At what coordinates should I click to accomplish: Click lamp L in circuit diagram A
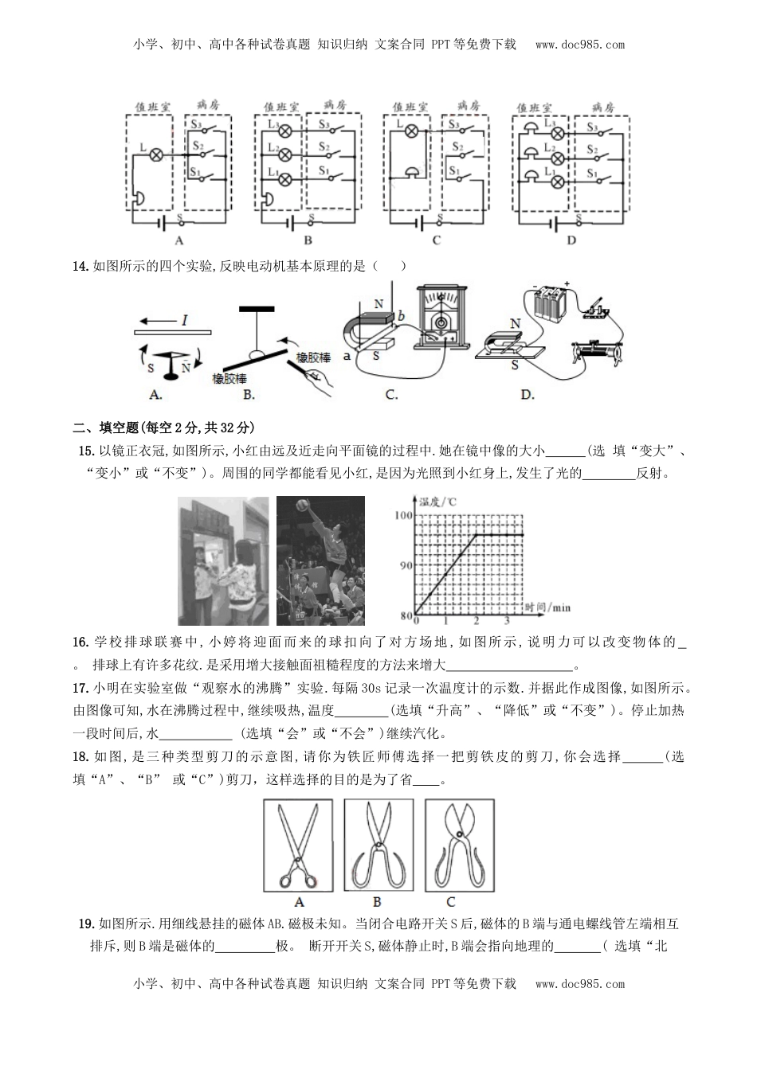tap(156, 151)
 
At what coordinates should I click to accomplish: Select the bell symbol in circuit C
tap(411, 173)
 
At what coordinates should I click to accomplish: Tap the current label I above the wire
tap(184, 320)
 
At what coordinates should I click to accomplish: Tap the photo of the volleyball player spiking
tap(320, 561)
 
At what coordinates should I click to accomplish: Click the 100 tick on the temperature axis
tap(403, 516)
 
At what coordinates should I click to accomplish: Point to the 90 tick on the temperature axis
tap(403, 566)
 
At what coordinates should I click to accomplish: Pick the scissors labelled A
tap(298, 845)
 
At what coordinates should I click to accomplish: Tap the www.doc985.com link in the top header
tap(579, 45)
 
